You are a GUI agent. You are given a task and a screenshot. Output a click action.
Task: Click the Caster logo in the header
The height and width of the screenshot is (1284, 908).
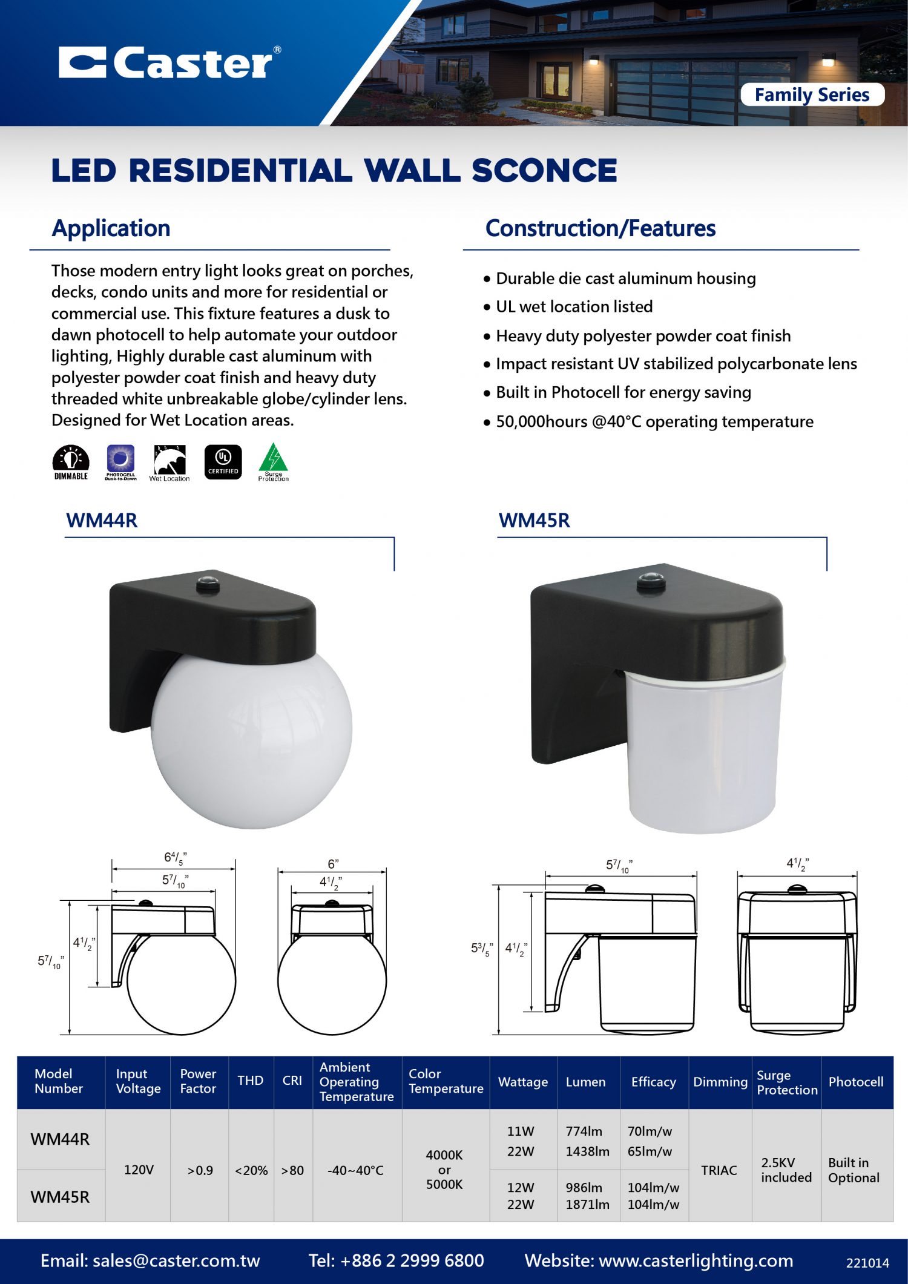click(x=169, y=62)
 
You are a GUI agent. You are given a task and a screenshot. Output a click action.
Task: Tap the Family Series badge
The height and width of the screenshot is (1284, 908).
click(x=812, y=95)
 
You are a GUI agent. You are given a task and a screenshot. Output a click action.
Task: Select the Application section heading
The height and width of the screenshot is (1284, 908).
click(x=111, y=228)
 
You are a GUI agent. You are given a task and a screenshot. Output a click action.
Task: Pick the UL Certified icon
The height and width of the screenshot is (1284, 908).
click(x=223, y=462)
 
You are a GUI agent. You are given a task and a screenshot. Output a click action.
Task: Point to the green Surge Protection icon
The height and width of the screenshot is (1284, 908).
click(x=273, y=461)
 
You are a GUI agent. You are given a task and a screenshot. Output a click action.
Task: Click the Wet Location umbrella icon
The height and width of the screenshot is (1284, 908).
click(x=169, y=462)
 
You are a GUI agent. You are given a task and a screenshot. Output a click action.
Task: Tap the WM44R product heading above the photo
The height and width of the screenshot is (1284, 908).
click(x=102, y=521)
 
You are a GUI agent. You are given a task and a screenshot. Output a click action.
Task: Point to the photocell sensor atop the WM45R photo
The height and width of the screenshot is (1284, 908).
click(x=651, y=580)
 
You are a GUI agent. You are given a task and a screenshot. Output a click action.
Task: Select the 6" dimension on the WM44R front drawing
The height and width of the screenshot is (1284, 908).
click(x=333, y=864)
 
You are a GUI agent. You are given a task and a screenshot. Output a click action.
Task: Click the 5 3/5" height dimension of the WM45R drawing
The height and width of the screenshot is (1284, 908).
click(x=482, y=949)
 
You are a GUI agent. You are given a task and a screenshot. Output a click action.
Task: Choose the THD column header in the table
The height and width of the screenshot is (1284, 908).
click(x=250, y=1081)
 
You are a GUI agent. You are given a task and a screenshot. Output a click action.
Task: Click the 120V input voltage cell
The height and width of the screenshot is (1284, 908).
click(x=139, y=1170)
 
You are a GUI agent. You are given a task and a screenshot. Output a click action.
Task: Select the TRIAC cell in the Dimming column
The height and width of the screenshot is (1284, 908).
click(x=719, y=1170)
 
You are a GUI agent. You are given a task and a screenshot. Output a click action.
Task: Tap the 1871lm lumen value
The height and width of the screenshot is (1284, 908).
click(x=587, y=1204)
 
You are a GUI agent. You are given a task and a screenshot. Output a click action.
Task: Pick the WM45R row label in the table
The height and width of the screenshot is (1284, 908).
click(x=60, y=1196)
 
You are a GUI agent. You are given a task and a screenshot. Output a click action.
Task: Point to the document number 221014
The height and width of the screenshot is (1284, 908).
click(x=867, y=1263)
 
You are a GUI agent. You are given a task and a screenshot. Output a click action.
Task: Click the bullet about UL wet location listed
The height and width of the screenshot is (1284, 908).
click(x=574, y=307)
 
